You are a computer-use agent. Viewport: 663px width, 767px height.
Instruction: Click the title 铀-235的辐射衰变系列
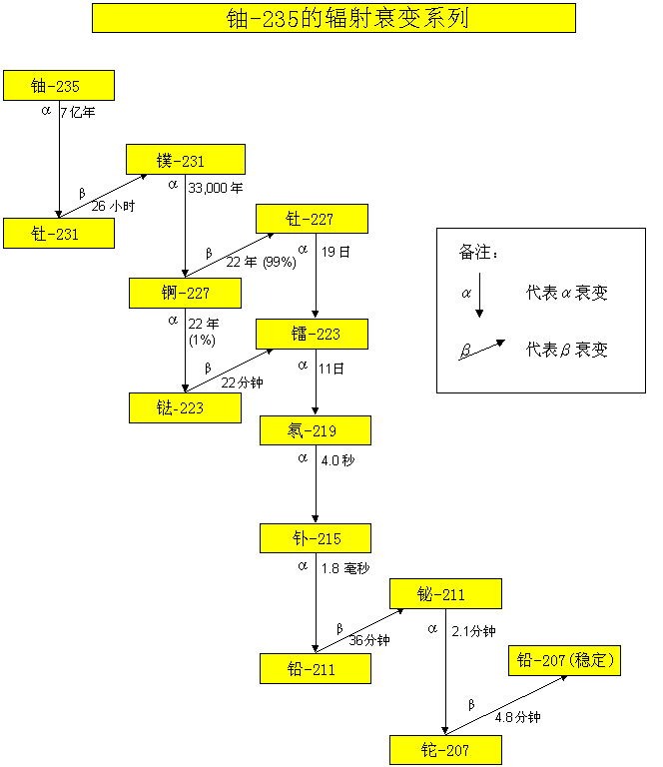click(333, 18)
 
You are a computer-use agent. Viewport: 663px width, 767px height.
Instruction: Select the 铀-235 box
click(58, 86)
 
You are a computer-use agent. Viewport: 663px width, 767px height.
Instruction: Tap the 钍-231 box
click(58, 234)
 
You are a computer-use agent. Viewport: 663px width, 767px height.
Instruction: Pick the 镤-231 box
click(185, 160)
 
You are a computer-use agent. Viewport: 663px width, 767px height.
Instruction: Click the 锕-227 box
click(185, 293)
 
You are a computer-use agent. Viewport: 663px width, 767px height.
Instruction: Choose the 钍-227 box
click(313, 219)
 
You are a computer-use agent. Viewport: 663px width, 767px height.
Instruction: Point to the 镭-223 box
click(313, 334)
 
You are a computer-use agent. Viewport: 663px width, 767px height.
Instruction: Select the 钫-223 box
click(185, 407)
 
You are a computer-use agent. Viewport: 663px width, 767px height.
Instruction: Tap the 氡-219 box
click(315, 430)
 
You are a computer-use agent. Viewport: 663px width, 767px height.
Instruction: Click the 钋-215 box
click(315, 538)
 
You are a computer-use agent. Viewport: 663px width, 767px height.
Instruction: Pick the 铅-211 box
click(315, 669)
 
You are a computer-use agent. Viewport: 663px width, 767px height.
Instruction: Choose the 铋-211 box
click(444, 594)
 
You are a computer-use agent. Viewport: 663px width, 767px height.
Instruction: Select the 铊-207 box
click(444, 750)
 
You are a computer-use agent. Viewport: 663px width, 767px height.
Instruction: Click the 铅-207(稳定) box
click(564, 660)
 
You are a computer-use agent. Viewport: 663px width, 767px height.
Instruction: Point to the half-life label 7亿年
click(78, 113)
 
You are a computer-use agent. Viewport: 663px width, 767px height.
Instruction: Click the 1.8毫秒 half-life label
click(345, 567)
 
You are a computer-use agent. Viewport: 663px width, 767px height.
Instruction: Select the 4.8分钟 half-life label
click(517, 717)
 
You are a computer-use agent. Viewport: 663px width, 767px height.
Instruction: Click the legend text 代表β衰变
click(566, 350)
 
